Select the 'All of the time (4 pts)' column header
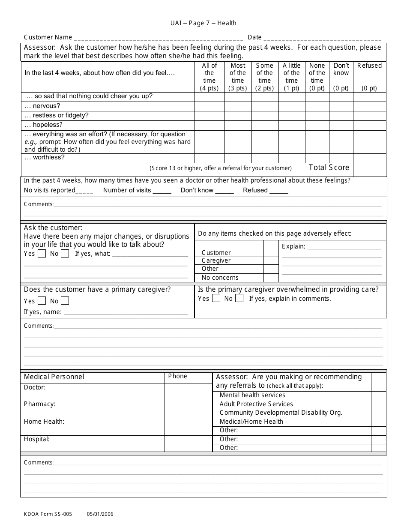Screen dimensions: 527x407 click(209, 77)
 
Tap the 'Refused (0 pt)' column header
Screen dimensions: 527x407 click(369, 77)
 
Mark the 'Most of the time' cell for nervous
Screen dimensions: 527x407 click(238, 106)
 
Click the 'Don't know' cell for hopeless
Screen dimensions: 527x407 click(341, 125)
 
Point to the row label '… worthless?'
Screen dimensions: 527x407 click(45, 157)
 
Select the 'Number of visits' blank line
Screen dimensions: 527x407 click(162, 191)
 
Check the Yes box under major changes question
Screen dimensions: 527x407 click(42, 254)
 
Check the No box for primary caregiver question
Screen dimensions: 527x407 click(65, 301)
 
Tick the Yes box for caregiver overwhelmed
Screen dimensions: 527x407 click(216, 298)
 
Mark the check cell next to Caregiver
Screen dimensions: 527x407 click(271, 261)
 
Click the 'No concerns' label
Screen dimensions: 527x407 click(220, 278)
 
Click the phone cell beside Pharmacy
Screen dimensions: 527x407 click(189, 409)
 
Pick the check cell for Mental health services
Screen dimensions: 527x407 click(378, 395)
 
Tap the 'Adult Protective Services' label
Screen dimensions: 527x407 click(256, 404)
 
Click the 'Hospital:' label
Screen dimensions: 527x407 click(36, 439)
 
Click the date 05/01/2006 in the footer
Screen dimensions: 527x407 click(100, 514)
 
